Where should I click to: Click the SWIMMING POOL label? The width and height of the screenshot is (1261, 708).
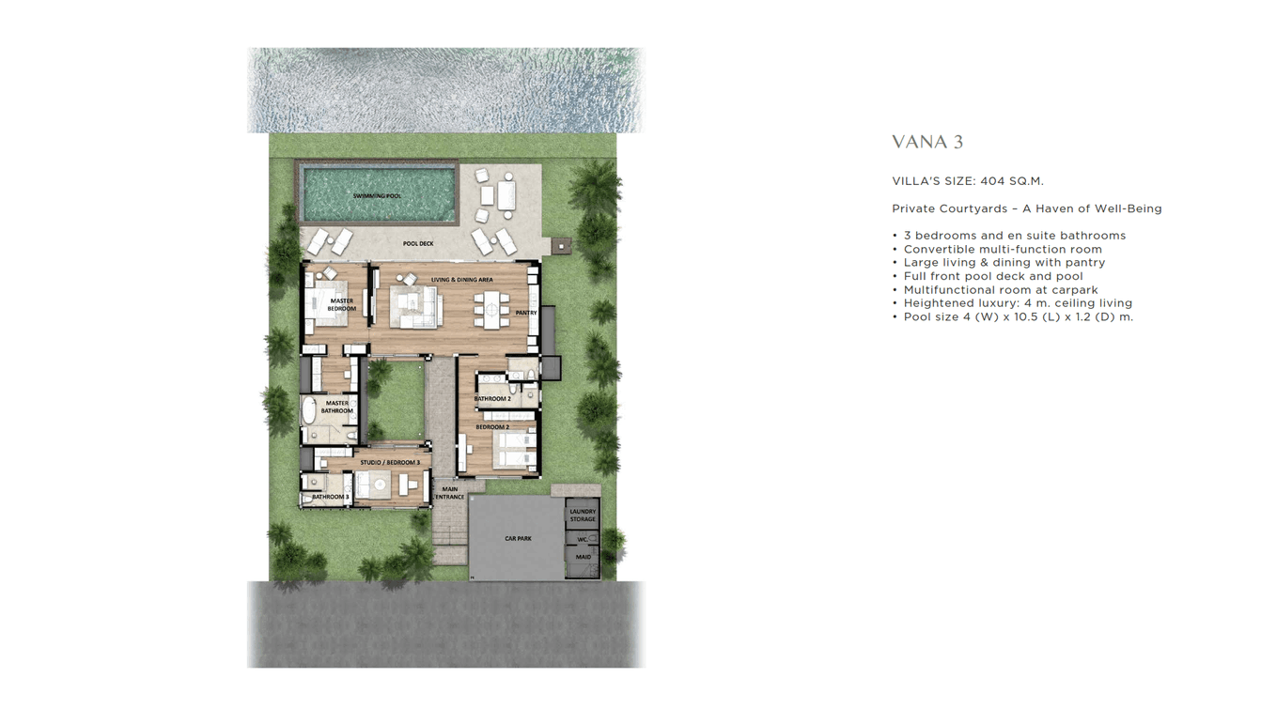pos(377,196)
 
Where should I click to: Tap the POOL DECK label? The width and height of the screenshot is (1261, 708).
pos(418,244)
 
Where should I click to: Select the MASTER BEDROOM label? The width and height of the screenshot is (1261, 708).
pos(341,305)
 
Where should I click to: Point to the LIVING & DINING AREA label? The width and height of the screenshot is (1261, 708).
pos(461,280)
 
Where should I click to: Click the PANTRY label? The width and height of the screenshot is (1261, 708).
pos(525,313)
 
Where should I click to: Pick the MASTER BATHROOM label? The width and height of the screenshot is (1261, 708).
pos(337,408)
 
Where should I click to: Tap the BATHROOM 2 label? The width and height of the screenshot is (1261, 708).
pos(492,399)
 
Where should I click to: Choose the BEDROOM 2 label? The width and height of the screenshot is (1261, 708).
pos(491,427)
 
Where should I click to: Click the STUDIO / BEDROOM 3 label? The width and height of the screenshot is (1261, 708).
pos(390,463)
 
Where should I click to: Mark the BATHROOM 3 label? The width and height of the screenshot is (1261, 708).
pos(330,497)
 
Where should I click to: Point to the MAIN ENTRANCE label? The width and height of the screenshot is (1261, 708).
pos(450,493)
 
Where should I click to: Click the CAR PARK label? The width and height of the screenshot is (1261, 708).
pos(518,539)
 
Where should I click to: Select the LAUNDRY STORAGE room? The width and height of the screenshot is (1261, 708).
pos(583,515)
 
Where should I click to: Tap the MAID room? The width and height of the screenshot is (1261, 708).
pos(583,558)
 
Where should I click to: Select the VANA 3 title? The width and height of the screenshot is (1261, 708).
pos(926,143)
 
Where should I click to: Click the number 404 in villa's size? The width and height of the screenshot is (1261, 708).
pos(992,181)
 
